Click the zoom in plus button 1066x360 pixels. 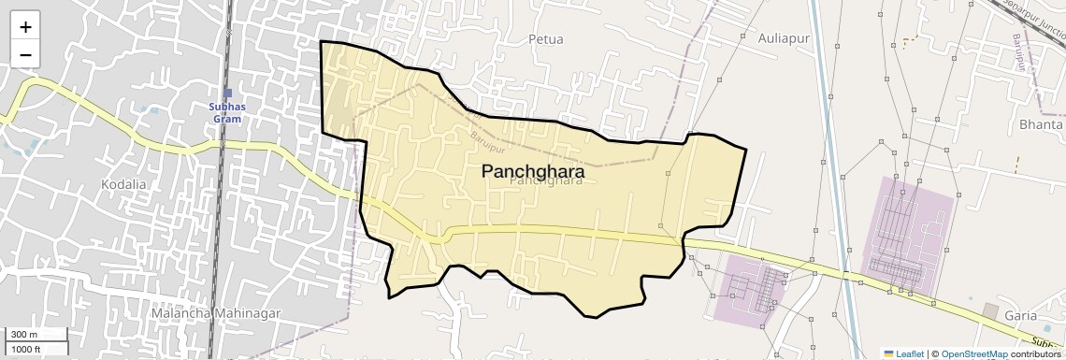25,28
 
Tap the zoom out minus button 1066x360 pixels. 25,55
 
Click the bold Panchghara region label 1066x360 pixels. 533,172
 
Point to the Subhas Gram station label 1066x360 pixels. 227,113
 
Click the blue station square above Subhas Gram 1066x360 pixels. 227,93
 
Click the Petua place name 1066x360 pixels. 546,39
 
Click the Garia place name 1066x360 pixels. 1021,315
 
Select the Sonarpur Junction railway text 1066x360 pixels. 1033,18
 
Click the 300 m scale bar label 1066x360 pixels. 24,335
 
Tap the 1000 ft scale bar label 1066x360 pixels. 27,349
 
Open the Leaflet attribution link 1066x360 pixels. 909,353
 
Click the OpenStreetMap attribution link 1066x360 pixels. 973,353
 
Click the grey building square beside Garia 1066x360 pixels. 990,310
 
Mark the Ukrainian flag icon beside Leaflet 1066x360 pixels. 888,353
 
